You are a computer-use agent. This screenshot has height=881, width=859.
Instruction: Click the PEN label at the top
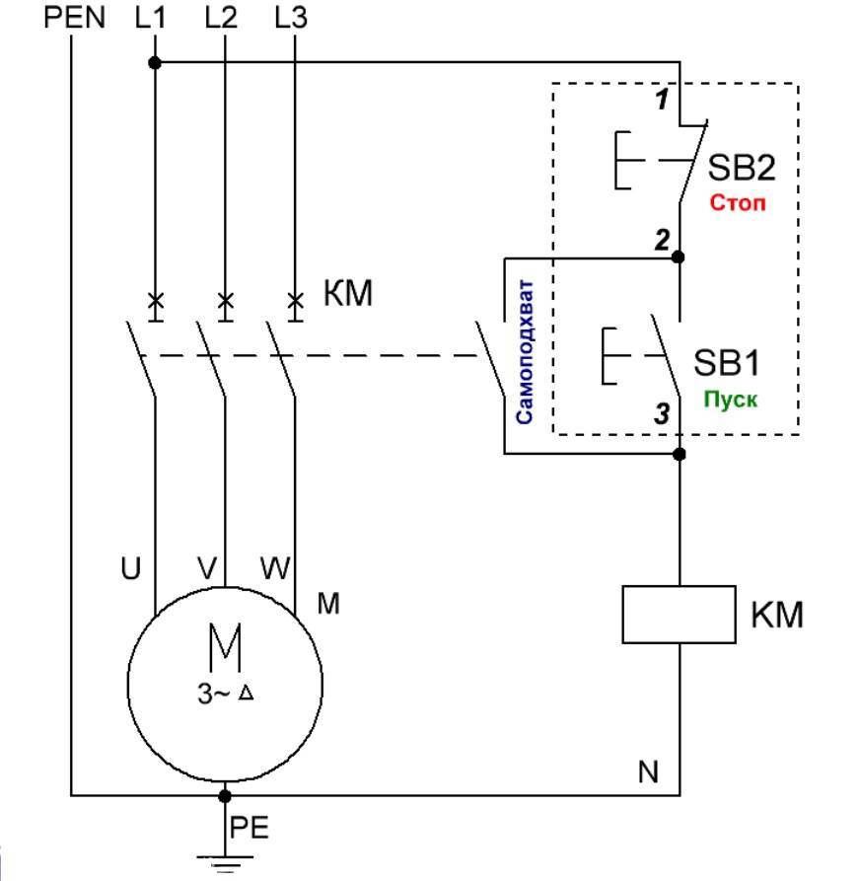pyautogui.click(x=74, y=18)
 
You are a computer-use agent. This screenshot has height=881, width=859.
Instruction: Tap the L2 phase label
pyautogui.click(x=223, y=18)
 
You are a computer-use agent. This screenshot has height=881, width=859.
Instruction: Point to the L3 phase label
pyautogui.click(x=293, y=18)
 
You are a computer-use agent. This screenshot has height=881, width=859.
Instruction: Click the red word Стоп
pyautogui.click(x=738, y=203)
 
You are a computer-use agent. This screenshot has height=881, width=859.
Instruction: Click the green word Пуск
pyautogui.click(x=730, y=402)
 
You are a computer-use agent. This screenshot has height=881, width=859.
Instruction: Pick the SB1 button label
pyautogui.click(x=727, y=362)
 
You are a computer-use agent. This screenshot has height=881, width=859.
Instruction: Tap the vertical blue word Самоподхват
pyautogui.click(x=525, y=350)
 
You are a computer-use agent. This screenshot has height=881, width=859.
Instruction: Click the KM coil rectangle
pyautogui.click(x=680, y=614)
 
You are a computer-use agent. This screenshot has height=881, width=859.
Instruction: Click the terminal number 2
pyautogui.click(x=664, y=241)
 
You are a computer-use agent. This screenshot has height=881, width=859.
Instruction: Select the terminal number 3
pyautogui.click(x=662, y=415)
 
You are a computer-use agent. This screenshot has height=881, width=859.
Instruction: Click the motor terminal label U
pyautogui.click(x=131, y=568)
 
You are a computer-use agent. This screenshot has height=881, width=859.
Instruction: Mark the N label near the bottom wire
pyautogui.click(x=647, y=771)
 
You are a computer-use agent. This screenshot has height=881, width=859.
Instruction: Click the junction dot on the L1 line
pyautogui.click(x=155, y=63)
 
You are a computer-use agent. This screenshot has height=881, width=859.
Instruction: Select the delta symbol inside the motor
pyautogui.click(x=247, y=694)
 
